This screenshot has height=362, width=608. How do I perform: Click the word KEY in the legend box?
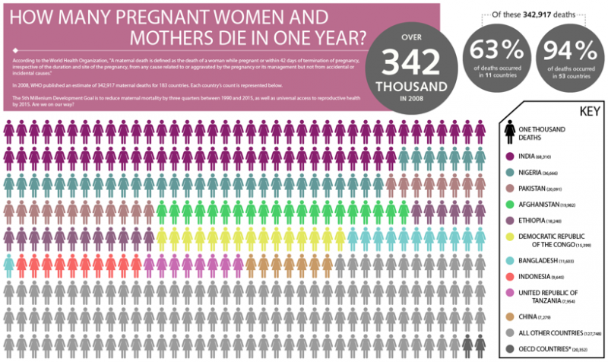578,111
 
